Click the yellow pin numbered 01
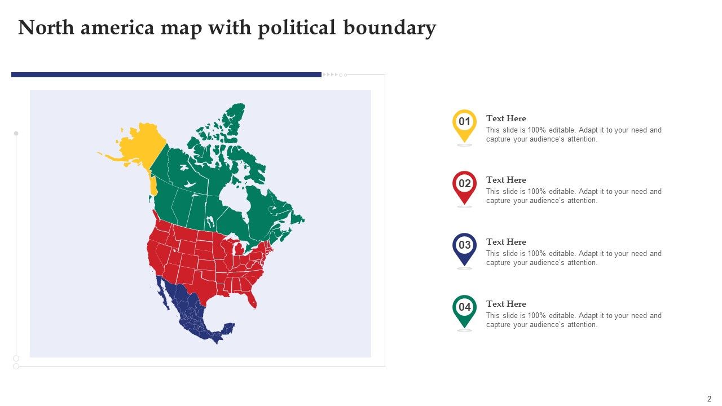(x=464, y=123)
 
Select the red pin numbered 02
(x=464, y=186)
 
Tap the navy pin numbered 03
(x=464, y=247)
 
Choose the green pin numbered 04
(x=464, y=309)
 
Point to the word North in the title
(x=46, y=28)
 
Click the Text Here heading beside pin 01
(x=506, y=118)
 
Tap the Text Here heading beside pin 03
(x=506, y=242)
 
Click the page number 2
(x=709, y=398)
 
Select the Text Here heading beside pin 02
(x=506, y=180)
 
